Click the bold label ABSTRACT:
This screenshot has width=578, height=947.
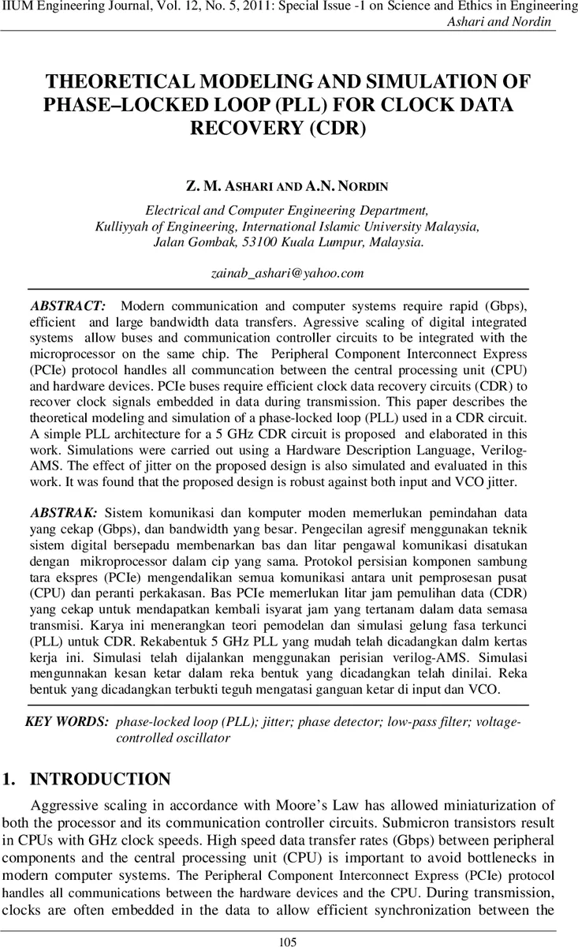click(68, 305)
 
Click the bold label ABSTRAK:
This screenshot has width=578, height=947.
click(64, 512)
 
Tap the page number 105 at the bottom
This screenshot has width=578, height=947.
click(289, 941)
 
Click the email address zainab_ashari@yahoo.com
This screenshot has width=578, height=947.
click(288, 273)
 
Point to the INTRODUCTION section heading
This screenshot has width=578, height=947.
click(99, 779)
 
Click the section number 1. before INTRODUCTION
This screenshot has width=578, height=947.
click(10, 779)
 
